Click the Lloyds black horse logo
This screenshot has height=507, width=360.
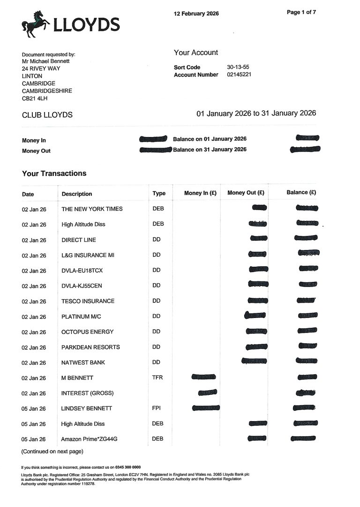click(36, 24)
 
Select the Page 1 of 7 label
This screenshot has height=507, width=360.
click(301, 12)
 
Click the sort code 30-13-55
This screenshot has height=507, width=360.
click(238, 67)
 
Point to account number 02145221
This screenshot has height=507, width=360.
click(239, 75)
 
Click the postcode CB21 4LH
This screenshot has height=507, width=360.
click(35, 98)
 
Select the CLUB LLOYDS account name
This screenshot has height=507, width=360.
click(47, 115)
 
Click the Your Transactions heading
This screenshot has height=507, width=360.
click(54, 174)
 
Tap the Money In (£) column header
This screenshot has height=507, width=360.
click(200, 193)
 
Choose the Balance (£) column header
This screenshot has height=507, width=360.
click(301, 192)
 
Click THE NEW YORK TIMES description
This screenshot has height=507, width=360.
click(92, 209)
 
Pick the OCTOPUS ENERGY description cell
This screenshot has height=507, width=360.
click(88, 332)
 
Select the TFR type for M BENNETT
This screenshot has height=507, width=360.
click(158, 378)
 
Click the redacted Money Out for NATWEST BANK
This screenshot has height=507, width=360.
click(255, 361)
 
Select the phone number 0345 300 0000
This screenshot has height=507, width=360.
click(128, 467)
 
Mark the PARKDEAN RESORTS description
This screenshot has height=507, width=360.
click(90, 347)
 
